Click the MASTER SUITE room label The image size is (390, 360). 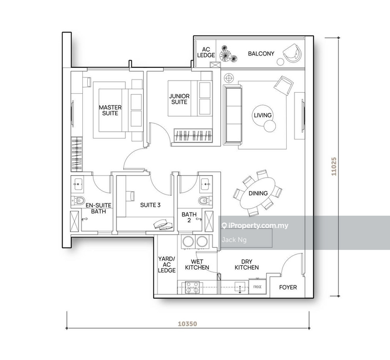click(110, 110)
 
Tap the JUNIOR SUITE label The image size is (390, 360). click(179, 99)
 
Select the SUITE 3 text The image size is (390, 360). click(150, 205)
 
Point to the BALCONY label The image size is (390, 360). click(261, 54)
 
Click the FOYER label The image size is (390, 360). click(288, 287)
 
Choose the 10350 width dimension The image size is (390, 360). click(188, 324)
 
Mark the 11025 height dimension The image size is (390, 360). click(334, 166)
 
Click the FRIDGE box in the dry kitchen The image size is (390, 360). click(257, 287)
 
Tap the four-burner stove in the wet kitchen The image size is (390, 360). click(193, 287)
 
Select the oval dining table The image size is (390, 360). click(258, 193)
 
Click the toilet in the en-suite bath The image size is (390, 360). click(78, 200)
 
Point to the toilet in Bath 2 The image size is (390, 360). click(205, 200)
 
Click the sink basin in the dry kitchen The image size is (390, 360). click(240, 287)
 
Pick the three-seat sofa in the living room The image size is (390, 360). click(233, 115)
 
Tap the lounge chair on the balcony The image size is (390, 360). click(292, 53)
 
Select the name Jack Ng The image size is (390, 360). click(234, 240)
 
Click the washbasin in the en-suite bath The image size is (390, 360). click(78, 184)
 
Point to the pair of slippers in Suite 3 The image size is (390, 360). click(163, 224)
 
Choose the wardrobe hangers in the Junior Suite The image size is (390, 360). click(193, 136)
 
